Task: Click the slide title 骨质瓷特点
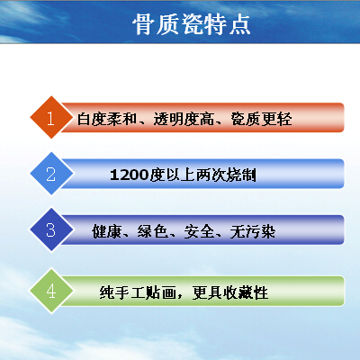pos(192,24)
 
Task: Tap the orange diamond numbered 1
pos(51,117)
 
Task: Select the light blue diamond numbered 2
pos(51,174)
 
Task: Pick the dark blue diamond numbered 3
pos(51,229)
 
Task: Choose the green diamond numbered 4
pos(51,291)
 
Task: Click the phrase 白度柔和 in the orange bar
pos(107,119)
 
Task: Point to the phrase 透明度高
pos(184,119)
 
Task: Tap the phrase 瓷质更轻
pos(261,119)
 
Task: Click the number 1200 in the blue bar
pos(130,175)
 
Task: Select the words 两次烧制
pos(226,175)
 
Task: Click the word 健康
pos(107,231)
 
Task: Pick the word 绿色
pos(153,231)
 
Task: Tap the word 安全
pos(199,231)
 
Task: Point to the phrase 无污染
pos(253,231)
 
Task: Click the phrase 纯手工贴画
pos(138,292)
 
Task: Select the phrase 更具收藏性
pos(230,292)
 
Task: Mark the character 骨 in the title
pos(143,24)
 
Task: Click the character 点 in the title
pos(240,24)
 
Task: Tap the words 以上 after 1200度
pos(180,175)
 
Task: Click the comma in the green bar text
pos(180,296)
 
